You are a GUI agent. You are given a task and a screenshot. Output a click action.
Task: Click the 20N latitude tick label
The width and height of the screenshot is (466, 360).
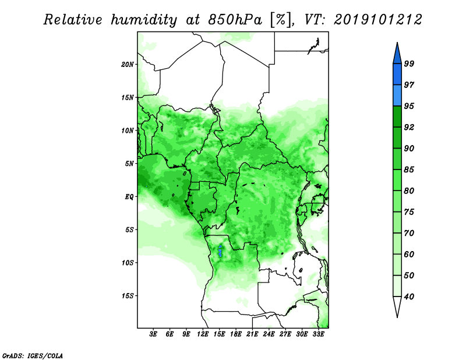click(128, 65)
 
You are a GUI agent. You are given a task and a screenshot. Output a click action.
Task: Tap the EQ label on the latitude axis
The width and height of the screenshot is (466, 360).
click(129, 197)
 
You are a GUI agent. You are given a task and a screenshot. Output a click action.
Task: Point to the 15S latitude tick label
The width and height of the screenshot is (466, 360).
click(128, 296)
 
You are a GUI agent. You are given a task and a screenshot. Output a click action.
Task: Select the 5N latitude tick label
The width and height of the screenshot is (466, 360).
click(129, 164)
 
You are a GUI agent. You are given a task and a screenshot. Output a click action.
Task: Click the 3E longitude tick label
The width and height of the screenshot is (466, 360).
click(153, 334)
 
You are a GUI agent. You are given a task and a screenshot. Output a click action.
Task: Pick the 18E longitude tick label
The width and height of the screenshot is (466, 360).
click(236, 334)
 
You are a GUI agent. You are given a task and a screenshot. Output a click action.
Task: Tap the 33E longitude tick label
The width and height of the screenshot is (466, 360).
click(318, 334)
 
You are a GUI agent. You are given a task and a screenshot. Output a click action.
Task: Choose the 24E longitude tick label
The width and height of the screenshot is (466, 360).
click(269, 334)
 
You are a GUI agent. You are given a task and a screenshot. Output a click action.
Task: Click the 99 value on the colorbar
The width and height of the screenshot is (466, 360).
click(409, 63)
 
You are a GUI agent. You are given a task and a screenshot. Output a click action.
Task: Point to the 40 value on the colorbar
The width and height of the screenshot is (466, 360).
click(409, 297)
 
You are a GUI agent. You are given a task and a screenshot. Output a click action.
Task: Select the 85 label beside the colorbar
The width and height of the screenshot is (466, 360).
click(409, 170)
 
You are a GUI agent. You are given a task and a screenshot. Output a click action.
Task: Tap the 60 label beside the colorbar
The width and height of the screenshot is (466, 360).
click(409, 254)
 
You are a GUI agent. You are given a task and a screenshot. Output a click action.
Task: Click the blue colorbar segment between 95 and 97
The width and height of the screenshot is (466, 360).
click(397, 96)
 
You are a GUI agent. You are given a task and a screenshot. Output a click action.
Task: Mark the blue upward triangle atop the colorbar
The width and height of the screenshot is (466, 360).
click(397, 54)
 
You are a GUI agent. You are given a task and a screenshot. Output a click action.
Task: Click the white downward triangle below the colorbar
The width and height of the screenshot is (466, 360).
click(397, 306)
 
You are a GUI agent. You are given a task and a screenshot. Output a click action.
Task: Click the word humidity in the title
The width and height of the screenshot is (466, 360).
click(144, 20)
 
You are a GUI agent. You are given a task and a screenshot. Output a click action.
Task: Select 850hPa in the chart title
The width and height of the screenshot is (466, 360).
click(235, 20)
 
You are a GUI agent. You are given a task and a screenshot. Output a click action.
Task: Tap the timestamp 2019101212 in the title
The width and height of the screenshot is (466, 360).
click(377, 20)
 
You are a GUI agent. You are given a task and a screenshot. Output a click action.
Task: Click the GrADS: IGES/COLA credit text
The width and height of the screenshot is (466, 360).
click(33, 355)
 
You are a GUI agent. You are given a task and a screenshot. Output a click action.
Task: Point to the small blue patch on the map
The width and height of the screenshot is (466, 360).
click(220, 251)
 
